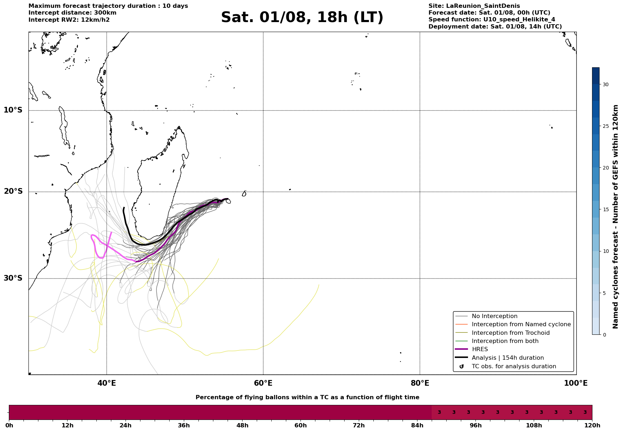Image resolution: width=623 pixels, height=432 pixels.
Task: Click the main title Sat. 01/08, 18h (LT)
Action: tap(302, 17)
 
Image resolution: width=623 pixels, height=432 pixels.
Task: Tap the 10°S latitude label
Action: tap(13, 110)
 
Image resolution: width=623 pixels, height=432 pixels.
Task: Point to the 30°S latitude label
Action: tap(13, 278)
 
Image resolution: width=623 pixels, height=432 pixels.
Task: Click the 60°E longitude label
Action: tap(263, 383)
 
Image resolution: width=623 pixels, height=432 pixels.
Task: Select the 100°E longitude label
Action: tap(576, 383)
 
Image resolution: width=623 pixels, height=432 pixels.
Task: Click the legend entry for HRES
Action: tap(480, 349)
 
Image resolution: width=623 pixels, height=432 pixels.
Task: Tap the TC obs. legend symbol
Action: tap(462, 366)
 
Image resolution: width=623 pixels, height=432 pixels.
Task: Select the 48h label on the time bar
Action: tap(242, 426)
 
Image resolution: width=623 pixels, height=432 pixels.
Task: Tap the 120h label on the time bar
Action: tap(592, 426)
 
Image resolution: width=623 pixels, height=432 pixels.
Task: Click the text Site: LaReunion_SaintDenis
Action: tap(474, 6)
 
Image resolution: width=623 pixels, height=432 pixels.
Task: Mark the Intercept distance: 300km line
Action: tap(73, 13)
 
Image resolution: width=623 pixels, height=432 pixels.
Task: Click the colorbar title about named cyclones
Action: tap(616, 217)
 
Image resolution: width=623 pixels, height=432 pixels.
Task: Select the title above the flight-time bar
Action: tap(307, 397)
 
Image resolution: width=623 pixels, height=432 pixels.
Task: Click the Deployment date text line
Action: tap(495, 27)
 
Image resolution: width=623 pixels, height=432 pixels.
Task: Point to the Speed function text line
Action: tap(492, 20)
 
